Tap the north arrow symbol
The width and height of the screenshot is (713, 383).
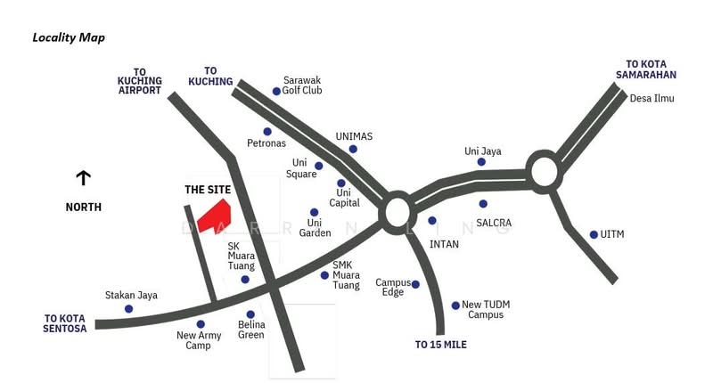pos(83,178)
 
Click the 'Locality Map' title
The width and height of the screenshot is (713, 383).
pos(69,37)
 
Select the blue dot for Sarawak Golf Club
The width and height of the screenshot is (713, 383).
pos(276,91)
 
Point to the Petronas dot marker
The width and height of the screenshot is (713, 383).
pos(267,132)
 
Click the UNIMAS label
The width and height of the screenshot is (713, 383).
pos(354,136)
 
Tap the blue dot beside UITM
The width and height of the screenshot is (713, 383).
pos(594,235)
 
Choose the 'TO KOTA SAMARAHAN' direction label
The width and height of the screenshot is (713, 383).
pos(652,69)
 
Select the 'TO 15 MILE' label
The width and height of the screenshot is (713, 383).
pos(441,344)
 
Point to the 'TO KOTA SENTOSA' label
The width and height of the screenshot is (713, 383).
pos(65,322)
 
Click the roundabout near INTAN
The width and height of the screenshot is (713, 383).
pos(396,213)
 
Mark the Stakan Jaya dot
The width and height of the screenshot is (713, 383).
pos(129,309)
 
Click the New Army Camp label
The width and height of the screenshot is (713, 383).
pos(199,340)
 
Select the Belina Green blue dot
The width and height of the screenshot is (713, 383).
pos(250,314)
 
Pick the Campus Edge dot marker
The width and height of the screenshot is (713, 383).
pos(415,285)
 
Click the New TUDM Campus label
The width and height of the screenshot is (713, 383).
pos(486,309)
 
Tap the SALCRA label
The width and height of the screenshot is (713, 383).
pos(494,223)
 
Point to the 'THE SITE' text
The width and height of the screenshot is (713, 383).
pos(208,190)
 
